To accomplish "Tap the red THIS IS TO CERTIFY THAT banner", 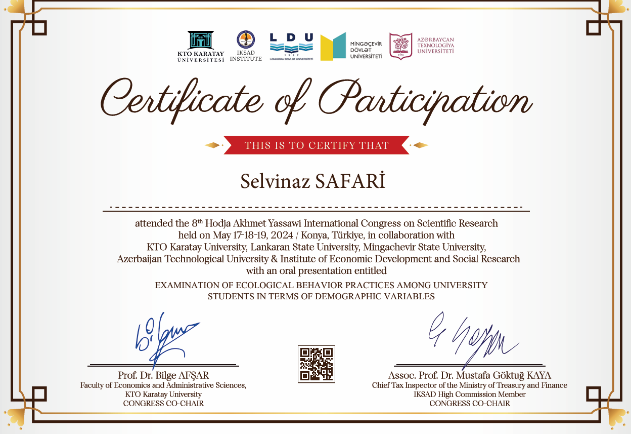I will (317, 146).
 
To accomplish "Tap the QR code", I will (317, 364).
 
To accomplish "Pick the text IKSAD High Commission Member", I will (470, 394).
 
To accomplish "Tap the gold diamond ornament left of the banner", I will (213, 146).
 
